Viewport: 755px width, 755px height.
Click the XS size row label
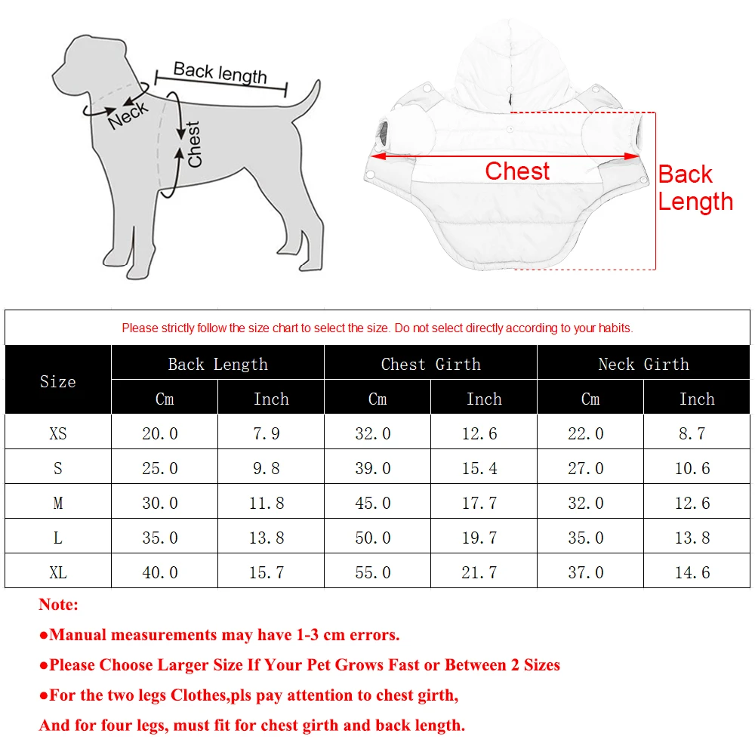point(58,433)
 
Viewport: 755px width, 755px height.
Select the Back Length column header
point(217,364)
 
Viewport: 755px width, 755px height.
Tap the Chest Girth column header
point(430,364)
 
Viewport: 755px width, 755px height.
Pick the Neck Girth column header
point(643,364)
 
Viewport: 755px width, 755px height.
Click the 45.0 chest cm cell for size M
point(373,503)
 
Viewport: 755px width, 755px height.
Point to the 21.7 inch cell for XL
point(479,572)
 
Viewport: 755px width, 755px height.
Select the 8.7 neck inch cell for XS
point(692,433)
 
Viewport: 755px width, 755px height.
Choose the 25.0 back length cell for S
point(160,468)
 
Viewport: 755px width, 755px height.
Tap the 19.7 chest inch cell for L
point(479,538)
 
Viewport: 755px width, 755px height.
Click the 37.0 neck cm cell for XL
point(586,572)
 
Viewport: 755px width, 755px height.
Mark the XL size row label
point(58,572)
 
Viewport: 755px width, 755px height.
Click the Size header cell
point(58,381)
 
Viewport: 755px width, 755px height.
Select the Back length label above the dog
point(220,72)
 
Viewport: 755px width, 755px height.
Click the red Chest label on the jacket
point(517,171)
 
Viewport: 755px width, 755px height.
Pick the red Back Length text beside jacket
point(695,188)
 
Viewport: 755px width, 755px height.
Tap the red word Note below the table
point(58,604)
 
